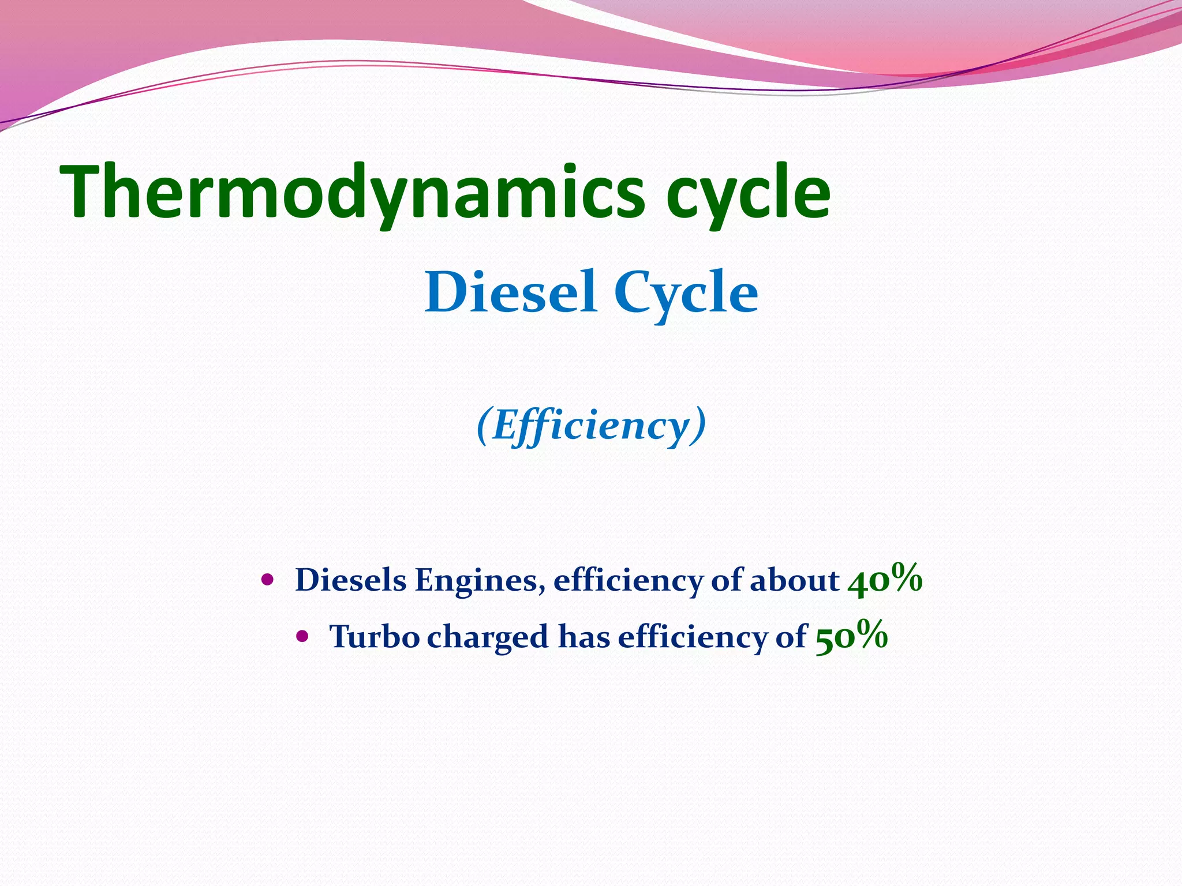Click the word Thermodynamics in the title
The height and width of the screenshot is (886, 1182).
352,192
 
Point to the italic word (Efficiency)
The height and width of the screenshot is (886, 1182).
591,426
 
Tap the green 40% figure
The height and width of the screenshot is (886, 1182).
885,579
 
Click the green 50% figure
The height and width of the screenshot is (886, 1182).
851,636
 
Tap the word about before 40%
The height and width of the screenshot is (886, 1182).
794,580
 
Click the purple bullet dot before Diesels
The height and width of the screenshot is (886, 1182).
267,579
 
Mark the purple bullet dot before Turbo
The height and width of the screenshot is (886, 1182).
302,636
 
